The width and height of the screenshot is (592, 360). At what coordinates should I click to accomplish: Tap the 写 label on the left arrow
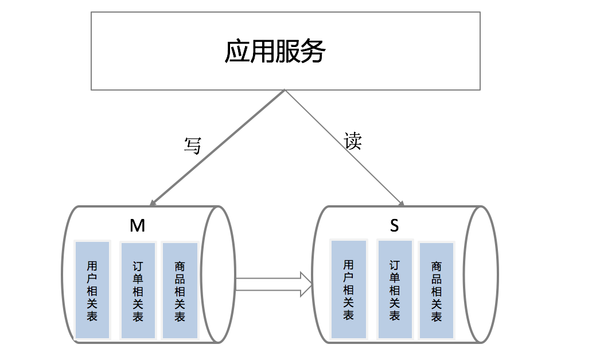click(192, 145)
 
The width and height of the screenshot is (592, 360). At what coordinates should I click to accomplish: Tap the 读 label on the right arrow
click(353, 141)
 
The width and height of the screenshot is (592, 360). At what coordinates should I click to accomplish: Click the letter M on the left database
click(137, 226)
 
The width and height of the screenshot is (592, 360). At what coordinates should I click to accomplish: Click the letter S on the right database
click(394, 226)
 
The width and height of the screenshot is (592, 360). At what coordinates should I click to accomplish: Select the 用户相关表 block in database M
click(92, 290)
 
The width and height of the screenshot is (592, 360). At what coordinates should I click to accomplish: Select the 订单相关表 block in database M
click(138, 290)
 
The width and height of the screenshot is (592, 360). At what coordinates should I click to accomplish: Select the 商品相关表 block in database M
click(180, 290)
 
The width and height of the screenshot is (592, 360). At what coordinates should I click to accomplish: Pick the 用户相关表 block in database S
click(348, 289)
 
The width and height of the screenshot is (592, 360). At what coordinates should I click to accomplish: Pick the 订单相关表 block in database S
click(395, 289)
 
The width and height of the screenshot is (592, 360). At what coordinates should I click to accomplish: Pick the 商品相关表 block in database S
click(437, 290)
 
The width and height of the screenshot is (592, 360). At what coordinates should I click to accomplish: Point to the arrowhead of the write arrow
click(152, 202)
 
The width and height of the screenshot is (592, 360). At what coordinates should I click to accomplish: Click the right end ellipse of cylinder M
click(218, 275)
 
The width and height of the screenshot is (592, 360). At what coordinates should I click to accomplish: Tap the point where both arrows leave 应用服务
click(285, 91)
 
